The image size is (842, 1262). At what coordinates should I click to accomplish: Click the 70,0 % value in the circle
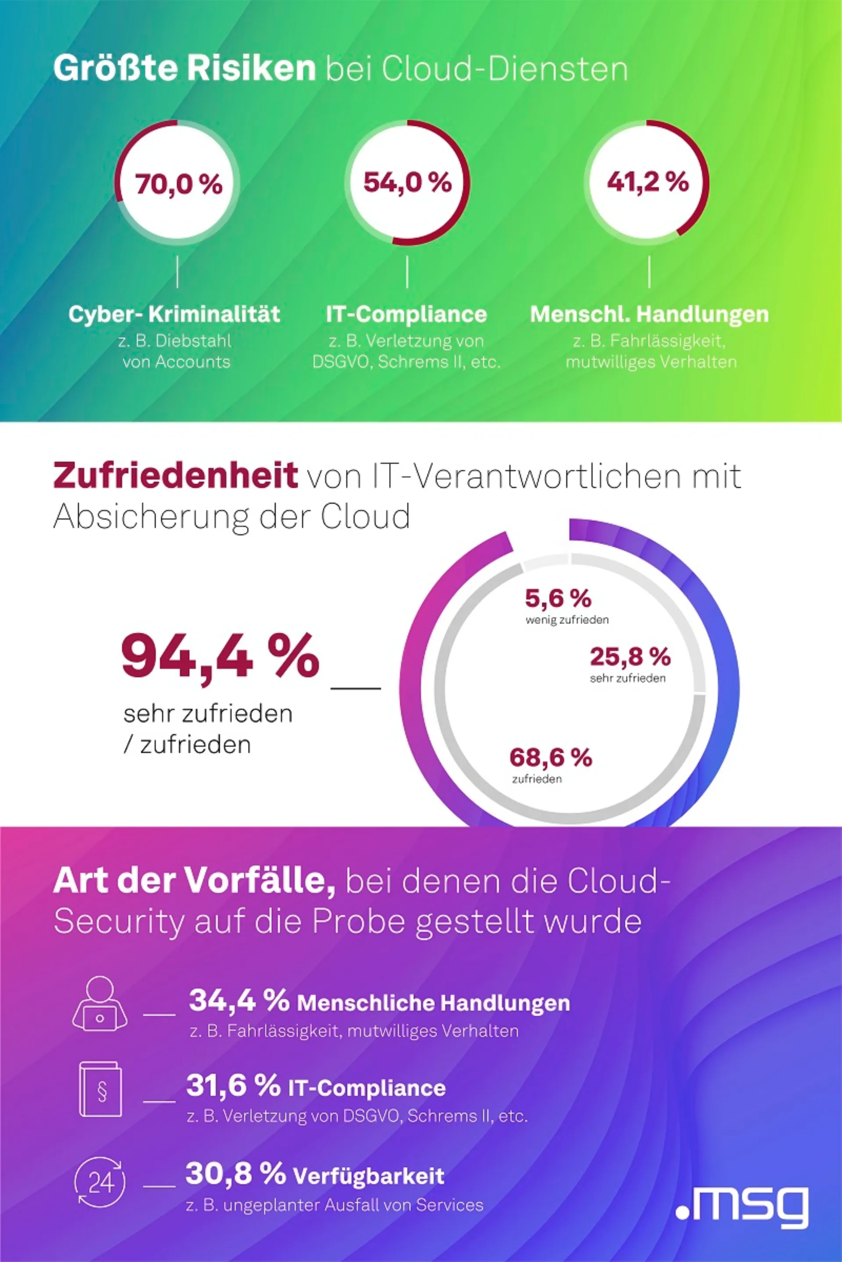pos(178,184)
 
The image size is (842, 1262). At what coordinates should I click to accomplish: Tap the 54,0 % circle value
pos(407,182)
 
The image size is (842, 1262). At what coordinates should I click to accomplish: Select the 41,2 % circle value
pos(648,182)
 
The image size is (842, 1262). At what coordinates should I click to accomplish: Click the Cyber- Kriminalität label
pos(175,314)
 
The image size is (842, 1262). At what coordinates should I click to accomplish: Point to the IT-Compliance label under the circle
pos(407,314)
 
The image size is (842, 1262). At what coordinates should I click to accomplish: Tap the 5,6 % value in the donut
pos(558,598)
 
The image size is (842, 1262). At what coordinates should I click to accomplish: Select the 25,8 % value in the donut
pos(630,656)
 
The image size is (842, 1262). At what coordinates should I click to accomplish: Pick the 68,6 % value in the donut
pos(550,757)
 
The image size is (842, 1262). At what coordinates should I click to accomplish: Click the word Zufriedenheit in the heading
pos(175,475)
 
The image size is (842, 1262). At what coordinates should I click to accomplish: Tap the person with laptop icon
pos(100,1004)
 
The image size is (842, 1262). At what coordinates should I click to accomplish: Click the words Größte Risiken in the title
pos(184,69)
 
